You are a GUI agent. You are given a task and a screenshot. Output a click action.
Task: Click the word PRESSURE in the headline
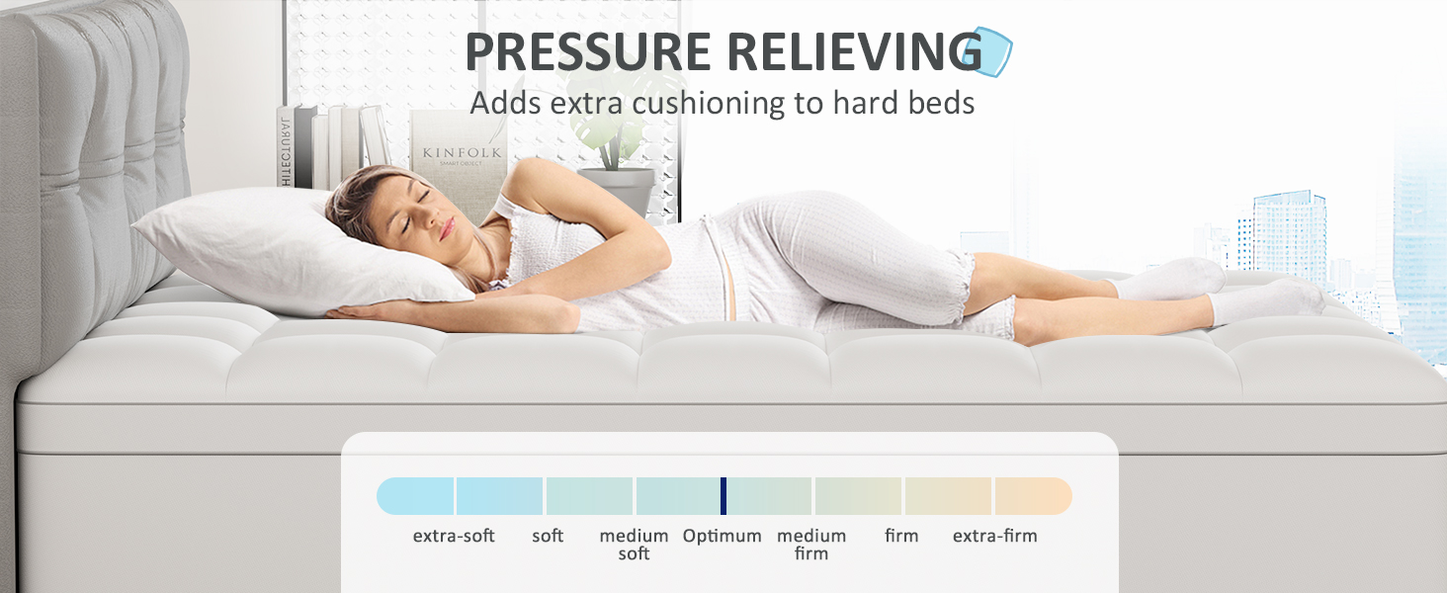tap(588, 51)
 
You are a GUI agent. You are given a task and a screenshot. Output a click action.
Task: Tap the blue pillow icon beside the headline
tap(988, 51)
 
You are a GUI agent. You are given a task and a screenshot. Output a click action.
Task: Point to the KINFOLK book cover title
tap(462, 152)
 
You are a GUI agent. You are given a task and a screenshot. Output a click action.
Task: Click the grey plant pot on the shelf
tap(617, 191)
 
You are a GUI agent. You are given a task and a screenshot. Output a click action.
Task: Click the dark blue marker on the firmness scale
tap(723, 496)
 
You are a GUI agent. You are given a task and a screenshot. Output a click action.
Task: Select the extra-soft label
tap(454, 536)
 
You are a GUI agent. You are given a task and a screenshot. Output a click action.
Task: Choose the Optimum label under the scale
tap(723, 536)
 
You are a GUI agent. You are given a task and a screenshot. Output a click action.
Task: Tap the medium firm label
tap(811, 545)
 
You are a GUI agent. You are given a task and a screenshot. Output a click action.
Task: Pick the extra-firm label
tap(994, 536)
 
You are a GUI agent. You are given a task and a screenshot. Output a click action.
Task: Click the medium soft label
tap(634, 545)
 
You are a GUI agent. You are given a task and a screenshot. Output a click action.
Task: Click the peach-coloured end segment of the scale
tap(1032, 496)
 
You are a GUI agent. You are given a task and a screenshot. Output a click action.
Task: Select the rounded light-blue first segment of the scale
tap(415, 496)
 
